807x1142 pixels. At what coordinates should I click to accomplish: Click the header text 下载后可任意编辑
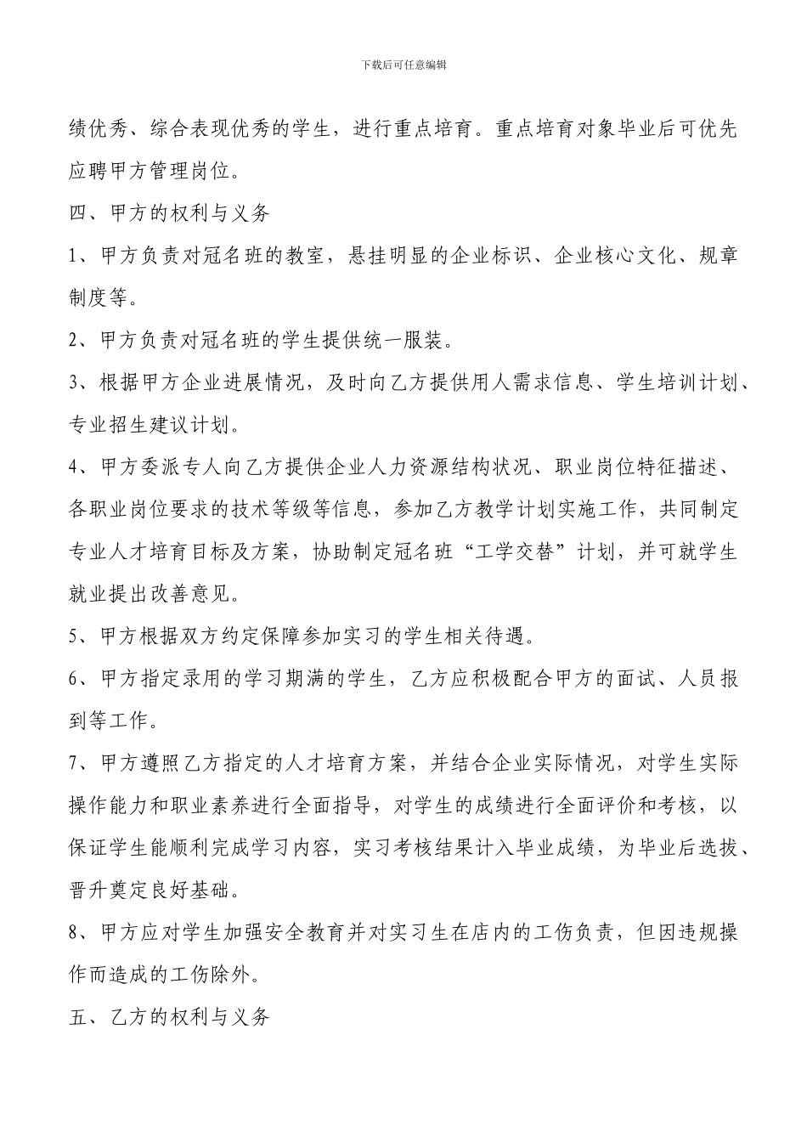pos(403,65)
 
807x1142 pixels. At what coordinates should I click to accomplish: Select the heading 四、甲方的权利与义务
pos(169,213)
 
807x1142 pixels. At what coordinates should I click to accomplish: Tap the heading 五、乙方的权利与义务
pos(169,1016)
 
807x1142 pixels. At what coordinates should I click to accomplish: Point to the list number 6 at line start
pos(73,678)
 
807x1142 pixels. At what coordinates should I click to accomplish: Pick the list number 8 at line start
pos(73,932)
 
